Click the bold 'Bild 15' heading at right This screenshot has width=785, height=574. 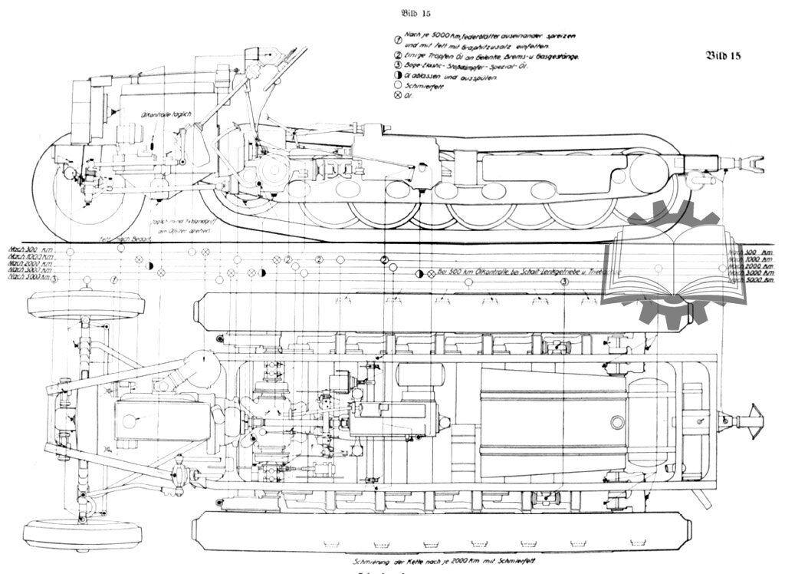click(722, 55)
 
